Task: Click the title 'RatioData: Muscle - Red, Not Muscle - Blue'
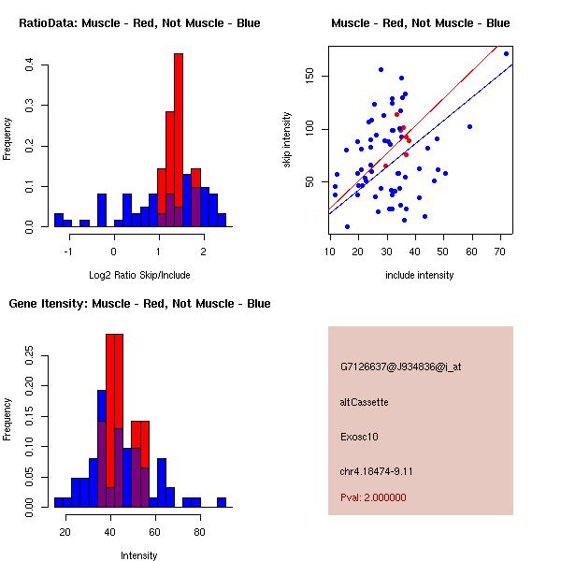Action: pos(140,23)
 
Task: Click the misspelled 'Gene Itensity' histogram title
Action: pos(139,304)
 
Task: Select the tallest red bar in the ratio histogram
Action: pos(179,140)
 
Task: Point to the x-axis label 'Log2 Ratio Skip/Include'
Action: pos(139,276)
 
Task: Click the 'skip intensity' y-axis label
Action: pos(287,140)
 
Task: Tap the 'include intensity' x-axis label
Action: pos(420,276)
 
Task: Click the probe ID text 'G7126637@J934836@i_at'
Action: pos(401,367)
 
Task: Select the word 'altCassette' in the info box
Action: pos(365,402)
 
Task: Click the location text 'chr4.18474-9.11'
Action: pos(377,471)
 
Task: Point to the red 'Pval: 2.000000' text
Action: pos(374,497)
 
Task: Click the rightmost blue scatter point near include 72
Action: pos(506,53)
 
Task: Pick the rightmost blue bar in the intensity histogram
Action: pos(222,502)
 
